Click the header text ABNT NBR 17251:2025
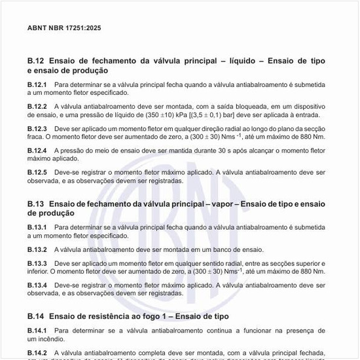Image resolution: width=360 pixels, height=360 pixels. [64, 28]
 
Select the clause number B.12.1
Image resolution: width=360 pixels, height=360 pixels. [37, 84]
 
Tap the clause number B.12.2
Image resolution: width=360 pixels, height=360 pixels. [37, 105]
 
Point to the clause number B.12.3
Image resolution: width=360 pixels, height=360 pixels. [37, 128]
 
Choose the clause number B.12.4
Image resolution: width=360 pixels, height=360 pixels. [37, 150]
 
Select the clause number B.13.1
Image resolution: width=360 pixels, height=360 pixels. [37, 226]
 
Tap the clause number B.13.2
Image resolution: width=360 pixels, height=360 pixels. [37, 249]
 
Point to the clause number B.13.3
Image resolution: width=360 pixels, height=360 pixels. [37, 262]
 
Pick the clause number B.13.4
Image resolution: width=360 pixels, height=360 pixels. [37, 285]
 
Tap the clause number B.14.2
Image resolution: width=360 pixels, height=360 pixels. [37, 353]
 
